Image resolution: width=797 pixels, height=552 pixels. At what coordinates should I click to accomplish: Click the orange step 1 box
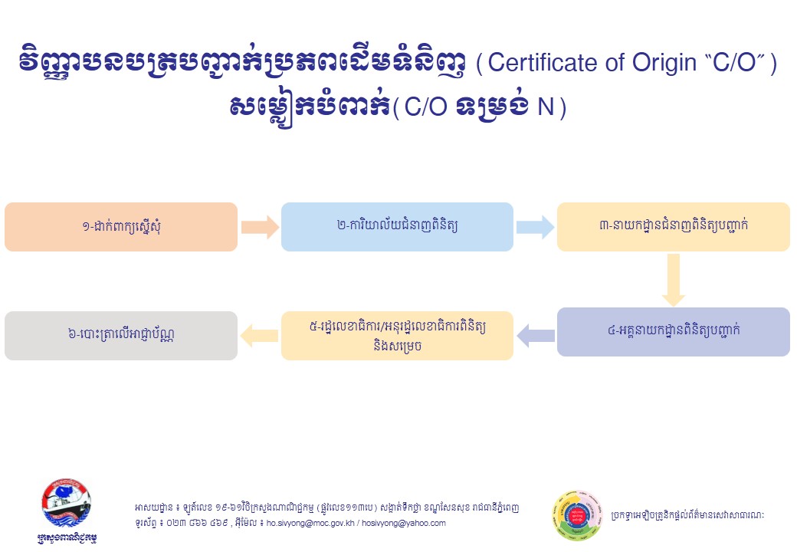[x=121, y=227]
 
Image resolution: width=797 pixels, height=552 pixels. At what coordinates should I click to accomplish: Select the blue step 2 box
[x=397, y=227]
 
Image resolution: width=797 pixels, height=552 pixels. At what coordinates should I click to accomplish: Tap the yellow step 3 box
[x=674, y=227]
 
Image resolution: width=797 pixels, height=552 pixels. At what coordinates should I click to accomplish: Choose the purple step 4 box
[x=674, y=332]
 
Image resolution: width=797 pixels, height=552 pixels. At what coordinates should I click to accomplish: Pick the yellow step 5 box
[x=397, y=336]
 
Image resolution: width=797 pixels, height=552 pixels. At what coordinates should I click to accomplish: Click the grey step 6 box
[x=121, y=336]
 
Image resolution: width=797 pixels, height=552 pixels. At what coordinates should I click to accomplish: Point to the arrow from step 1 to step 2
[x=260, y=227]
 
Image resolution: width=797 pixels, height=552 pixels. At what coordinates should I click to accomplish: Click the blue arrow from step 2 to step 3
[x=535, y=227]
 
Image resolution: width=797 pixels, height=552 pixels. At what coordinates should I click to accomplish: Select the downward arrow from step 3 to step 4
[x=674, y=280]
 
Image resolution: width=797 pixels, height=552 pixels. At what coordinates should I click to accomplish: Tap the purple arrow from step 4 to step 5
[x=536, y=336]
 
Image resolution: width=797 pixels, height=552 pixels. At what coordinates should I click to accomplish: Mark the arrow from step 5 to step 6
[x=259, y=336]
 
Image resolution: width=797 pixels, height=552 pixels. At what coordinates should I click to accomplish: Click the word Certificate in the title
[x=543, y=63]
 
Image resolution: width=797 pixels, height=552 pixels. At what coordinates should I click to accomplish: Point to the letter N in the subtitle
[x=546, y=107]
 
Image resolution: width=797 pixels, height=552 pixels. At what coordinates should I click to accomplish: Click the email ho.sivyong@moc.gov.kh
[x=310, y=523]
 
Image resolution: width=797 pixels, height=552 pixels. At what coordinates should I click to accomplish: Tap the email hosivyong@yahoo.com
[x=404, y=523]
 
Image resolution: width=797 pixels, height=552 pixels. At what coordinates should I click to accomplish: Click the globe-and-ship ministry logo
[x=67, y=503]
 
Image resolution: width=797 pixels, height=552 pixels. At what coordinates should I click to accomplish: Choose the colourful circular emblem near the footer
[x=577, y=516]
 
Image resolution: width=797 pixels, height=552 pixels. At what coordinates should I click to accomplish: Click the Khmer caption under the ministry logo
[x=67, y=537]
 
